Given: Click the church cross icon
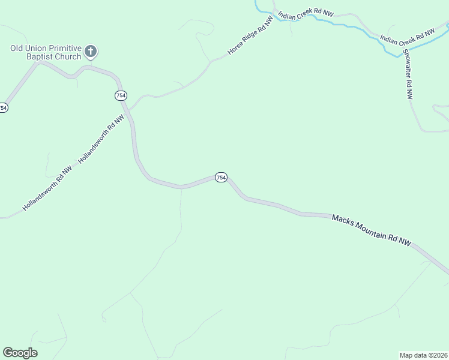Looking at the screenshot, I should [91, 52].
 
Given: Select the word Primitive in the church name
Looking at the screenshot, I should [61, 48].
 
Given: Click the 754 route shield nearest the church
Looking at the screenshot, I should [121, 96].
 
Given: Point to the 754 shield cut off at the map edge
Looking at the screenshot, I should [3, 108].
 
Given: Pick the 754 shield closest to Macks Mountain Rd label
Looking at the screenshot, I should [221, 178].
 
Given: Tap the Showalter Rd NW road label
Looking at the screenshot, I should [408, 73].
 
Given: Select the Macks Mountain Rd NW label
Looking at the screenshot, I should [372, 231].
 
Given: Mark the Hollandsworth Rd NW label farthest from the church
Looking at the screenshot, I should [47, 188].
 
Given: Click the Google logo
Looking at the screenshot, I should [20, 353].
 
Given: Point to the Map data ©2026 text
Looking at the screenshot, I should [423, 355].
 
